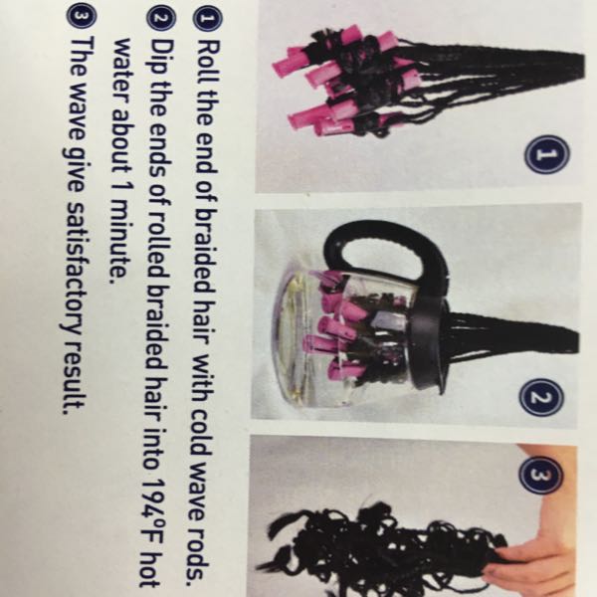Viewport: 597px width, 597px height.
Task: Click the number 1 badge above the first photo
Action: coord(547,154)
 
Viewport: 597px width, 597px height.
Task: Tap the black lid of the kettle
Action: coord(427,342)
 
